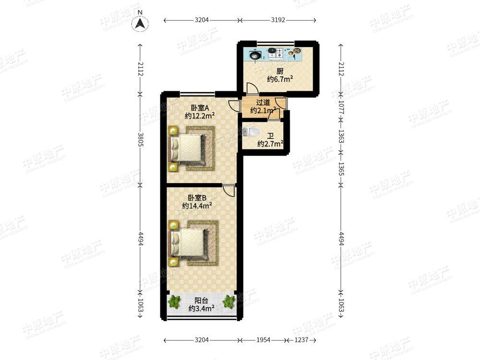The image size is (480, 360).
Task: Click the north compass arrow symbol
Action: pyautogui.click(x=140, y=23)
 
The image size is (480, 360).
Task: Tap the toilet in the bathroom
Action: pyautogui.click(x=252, y=132)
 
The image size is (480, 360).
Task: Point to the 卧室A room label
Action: pyautogui.click(x=200, y=108)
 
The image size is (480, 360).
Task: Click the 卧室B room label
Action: pyautogui.click(x=197, y=198)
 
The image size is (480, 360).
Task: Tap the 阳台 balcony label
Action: pyautogui.click(x=201, y=301)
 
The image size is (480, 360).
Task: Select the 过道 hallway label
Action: pyautogui.click(x=263, y=102)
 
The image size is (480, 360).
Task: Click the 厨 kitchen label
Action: pyautogui.click(x=280, y=72)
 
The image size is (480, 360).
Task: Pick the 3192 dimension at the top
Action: pyautogui.click(x=278, y=20)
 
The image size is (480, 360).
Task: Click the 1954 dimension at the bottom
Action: pyautogui.click(x=263, y=340)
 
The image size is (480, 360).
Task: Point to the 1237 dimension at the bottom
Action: pyautogui.click(x=301, y=340)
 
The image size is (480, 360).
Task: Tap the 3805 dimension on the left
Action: pyautogui.click(x=141, y=139)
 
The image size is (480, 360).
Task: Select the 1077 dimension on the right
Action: pyautogui.click(x=341, y=108)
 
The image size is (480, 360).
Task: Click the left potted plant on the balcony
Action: pyautogui.click(x=175, y=301)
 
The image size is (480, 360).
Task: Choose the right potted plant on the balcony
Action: pyautogui.click(x=228, y=301)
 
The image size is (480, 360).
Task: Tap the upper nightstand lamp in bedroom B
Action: pyautogui.click(x=174, y=225)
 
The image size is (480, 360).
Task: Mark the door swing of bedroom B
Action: pyautogui.click(x=228, y=190)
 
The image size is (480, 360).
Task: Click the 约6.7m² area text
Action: pyautogui.click(x=280, y=79)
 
